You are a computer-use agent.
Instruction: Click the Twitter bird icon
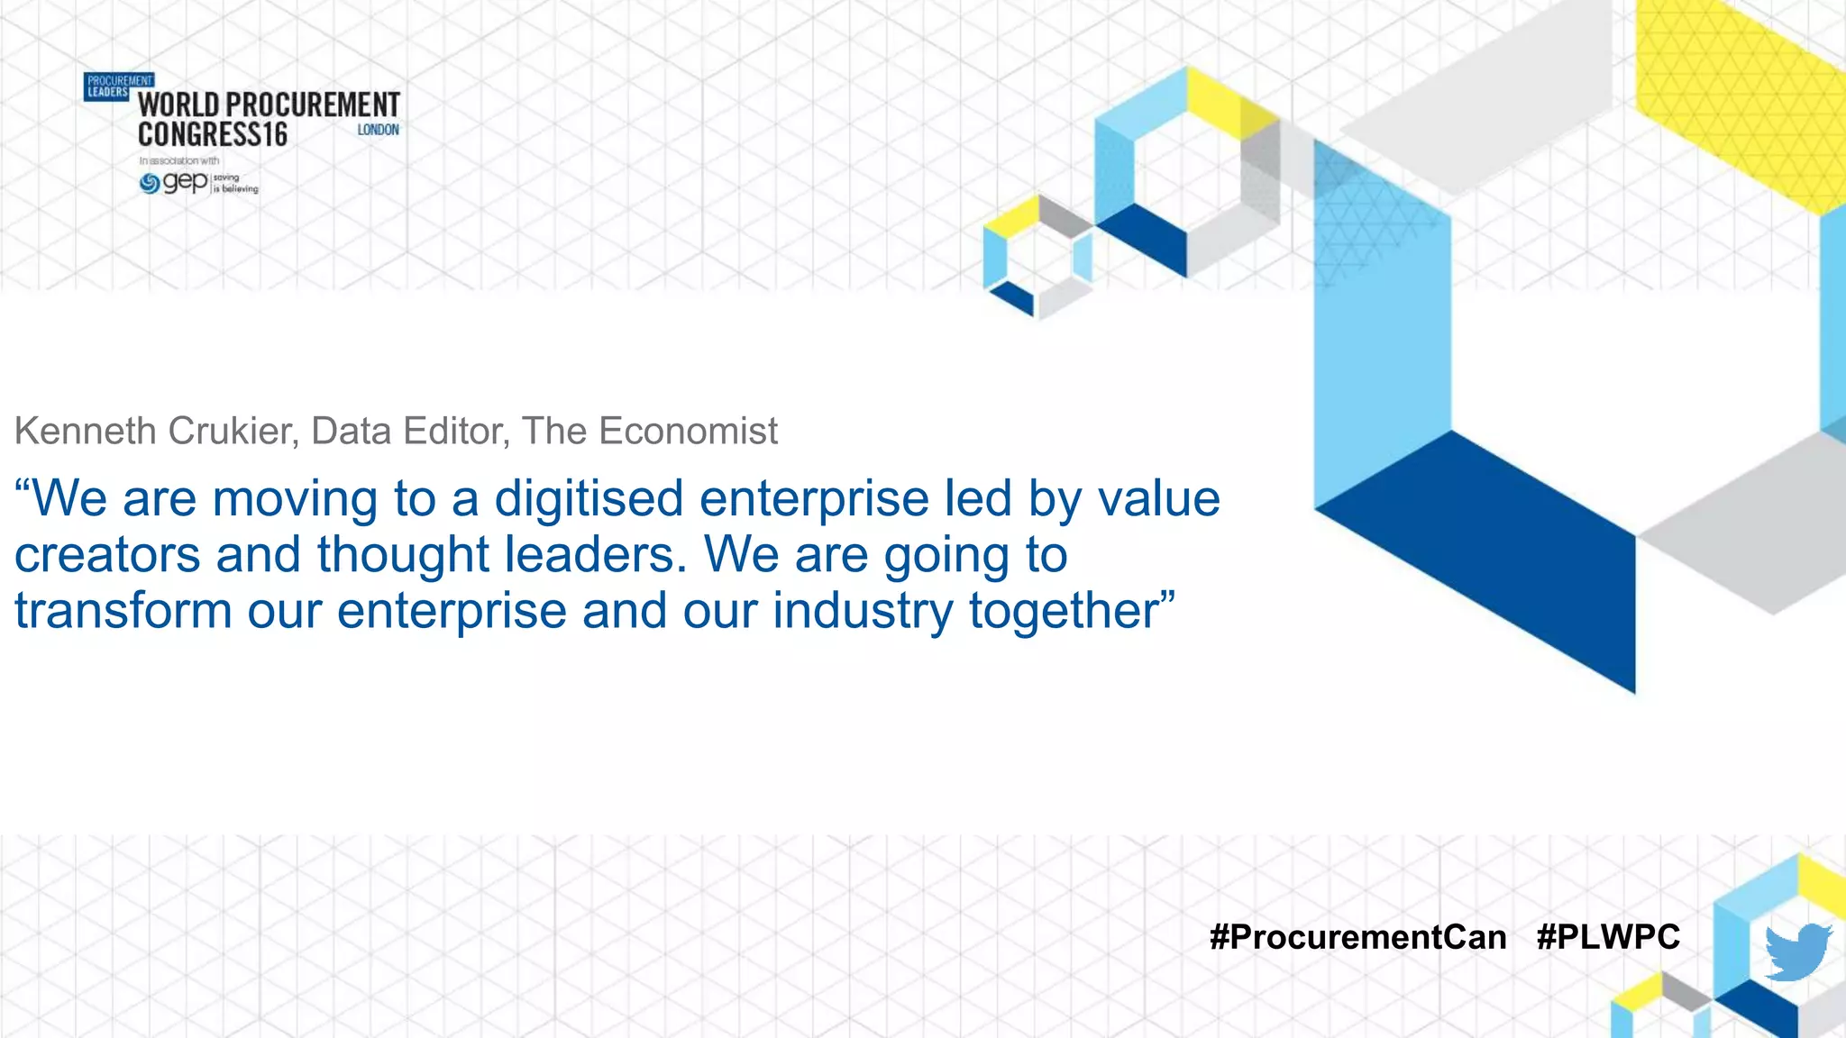coord(1797,951)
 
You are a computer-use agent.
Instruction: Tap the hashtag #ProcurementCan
coord(1357,937)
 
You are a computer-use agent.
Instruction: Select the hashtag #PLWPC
coord(1608,937)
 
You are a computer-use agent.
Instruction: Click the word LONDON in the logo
coord(378,130)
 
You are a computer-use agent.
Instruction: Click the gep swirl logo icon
coord(150,184)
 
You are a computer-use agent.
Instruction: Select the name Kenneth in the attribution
coord(86,431)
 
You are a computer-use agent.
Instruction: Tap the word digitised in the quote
coord(589,498)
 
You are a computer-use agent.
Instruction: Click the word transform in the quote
coord(123,610)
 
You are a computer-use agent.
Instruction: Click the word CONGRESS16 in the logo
coord(213,135)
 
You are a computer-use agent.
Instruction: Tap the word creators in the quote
coord(107,554)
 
